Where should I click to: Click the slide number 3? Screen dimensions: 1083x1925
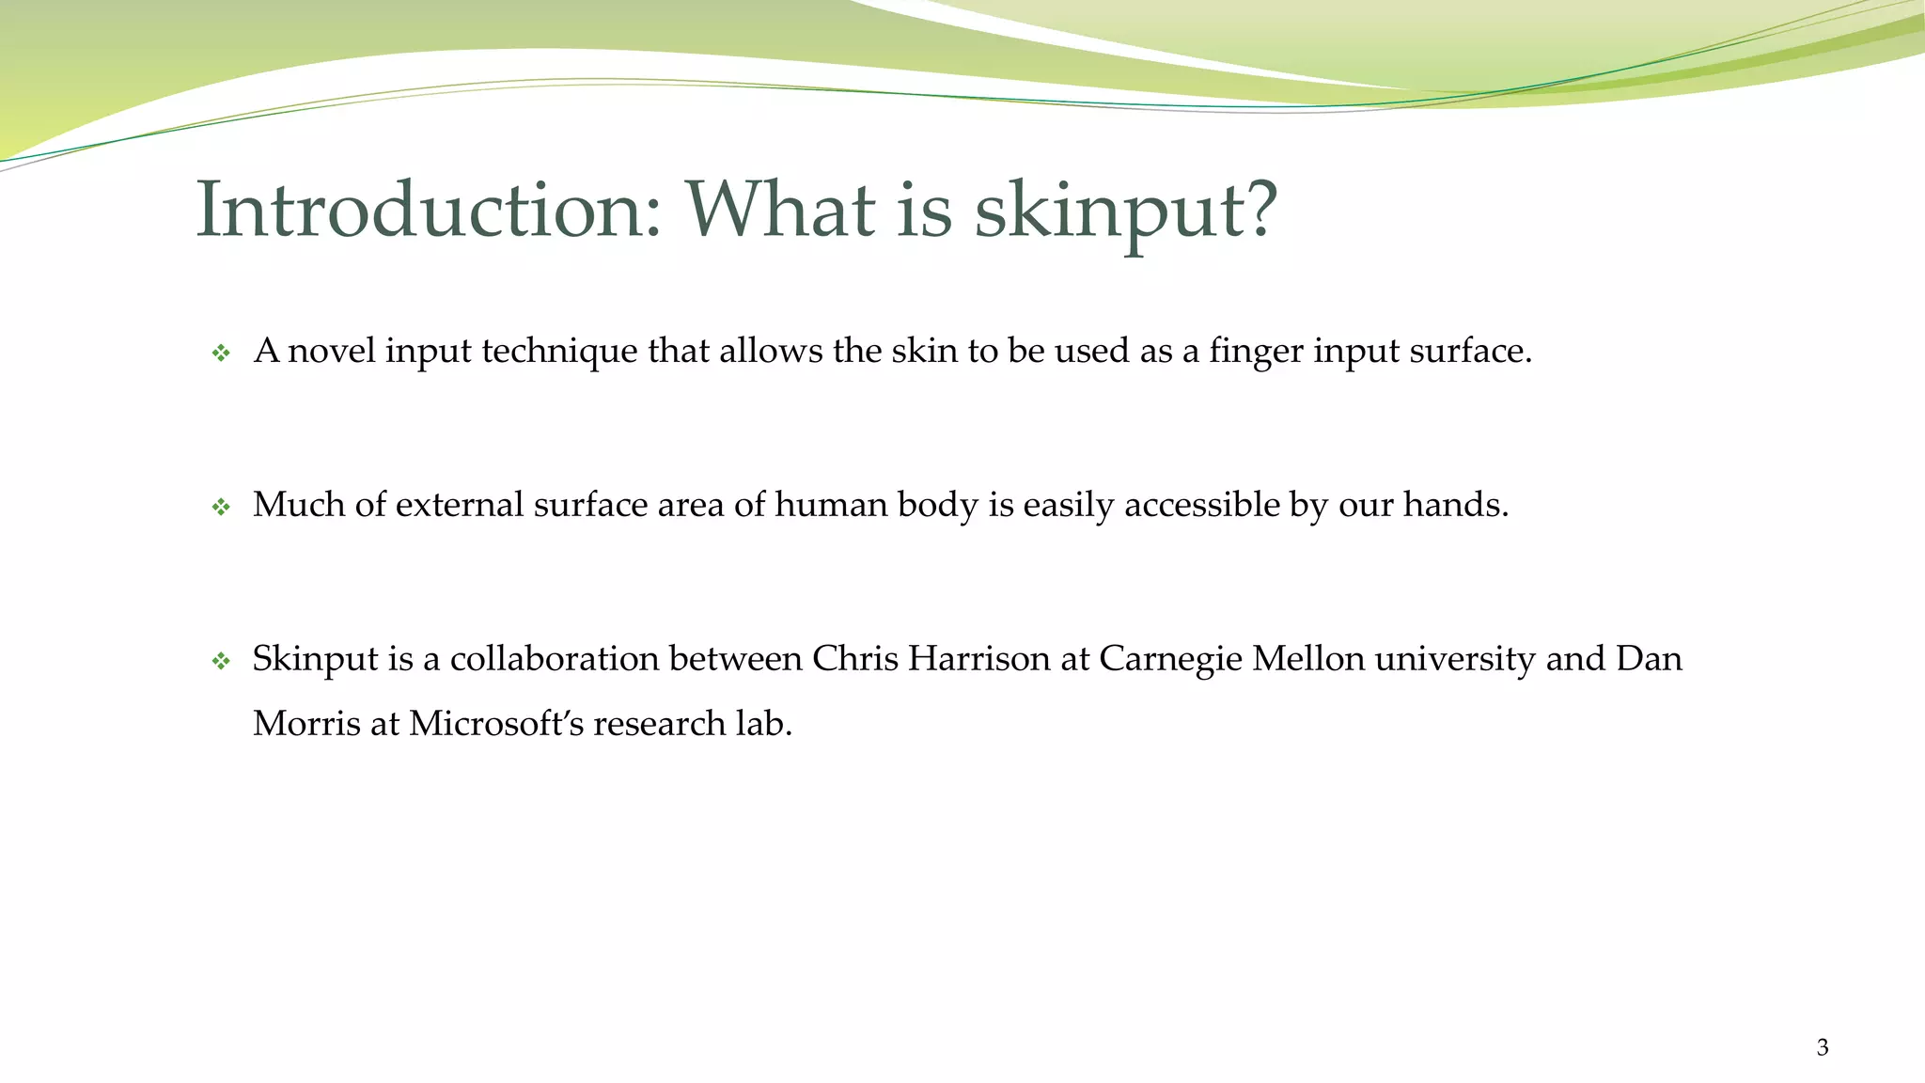(1823, 1047)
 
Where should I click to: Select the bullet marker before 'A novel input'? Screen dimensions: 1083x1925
(221, 353)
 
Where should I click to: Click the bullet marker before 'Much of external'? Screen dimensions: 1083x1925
(221, 508)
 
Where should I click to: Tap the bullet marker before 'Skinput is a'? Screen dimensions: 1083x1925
(221, 662)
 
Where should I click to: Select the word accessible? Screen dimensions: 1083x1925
(1202, 505)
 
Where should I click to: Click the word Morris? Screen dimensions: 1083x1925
(306, 724)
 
